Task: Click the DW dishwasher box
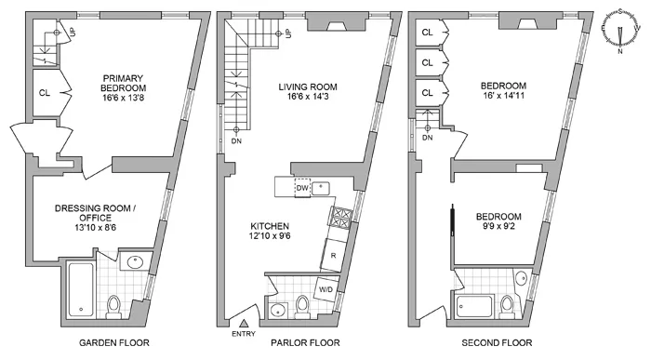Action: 300,187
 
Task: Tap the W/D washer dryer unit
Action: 326,287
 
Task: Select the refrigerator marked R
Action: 333,254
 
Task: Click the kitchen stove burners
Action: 339,220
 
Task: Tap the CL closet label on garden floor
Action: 45,92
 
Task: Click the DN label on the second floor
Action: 427,138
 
